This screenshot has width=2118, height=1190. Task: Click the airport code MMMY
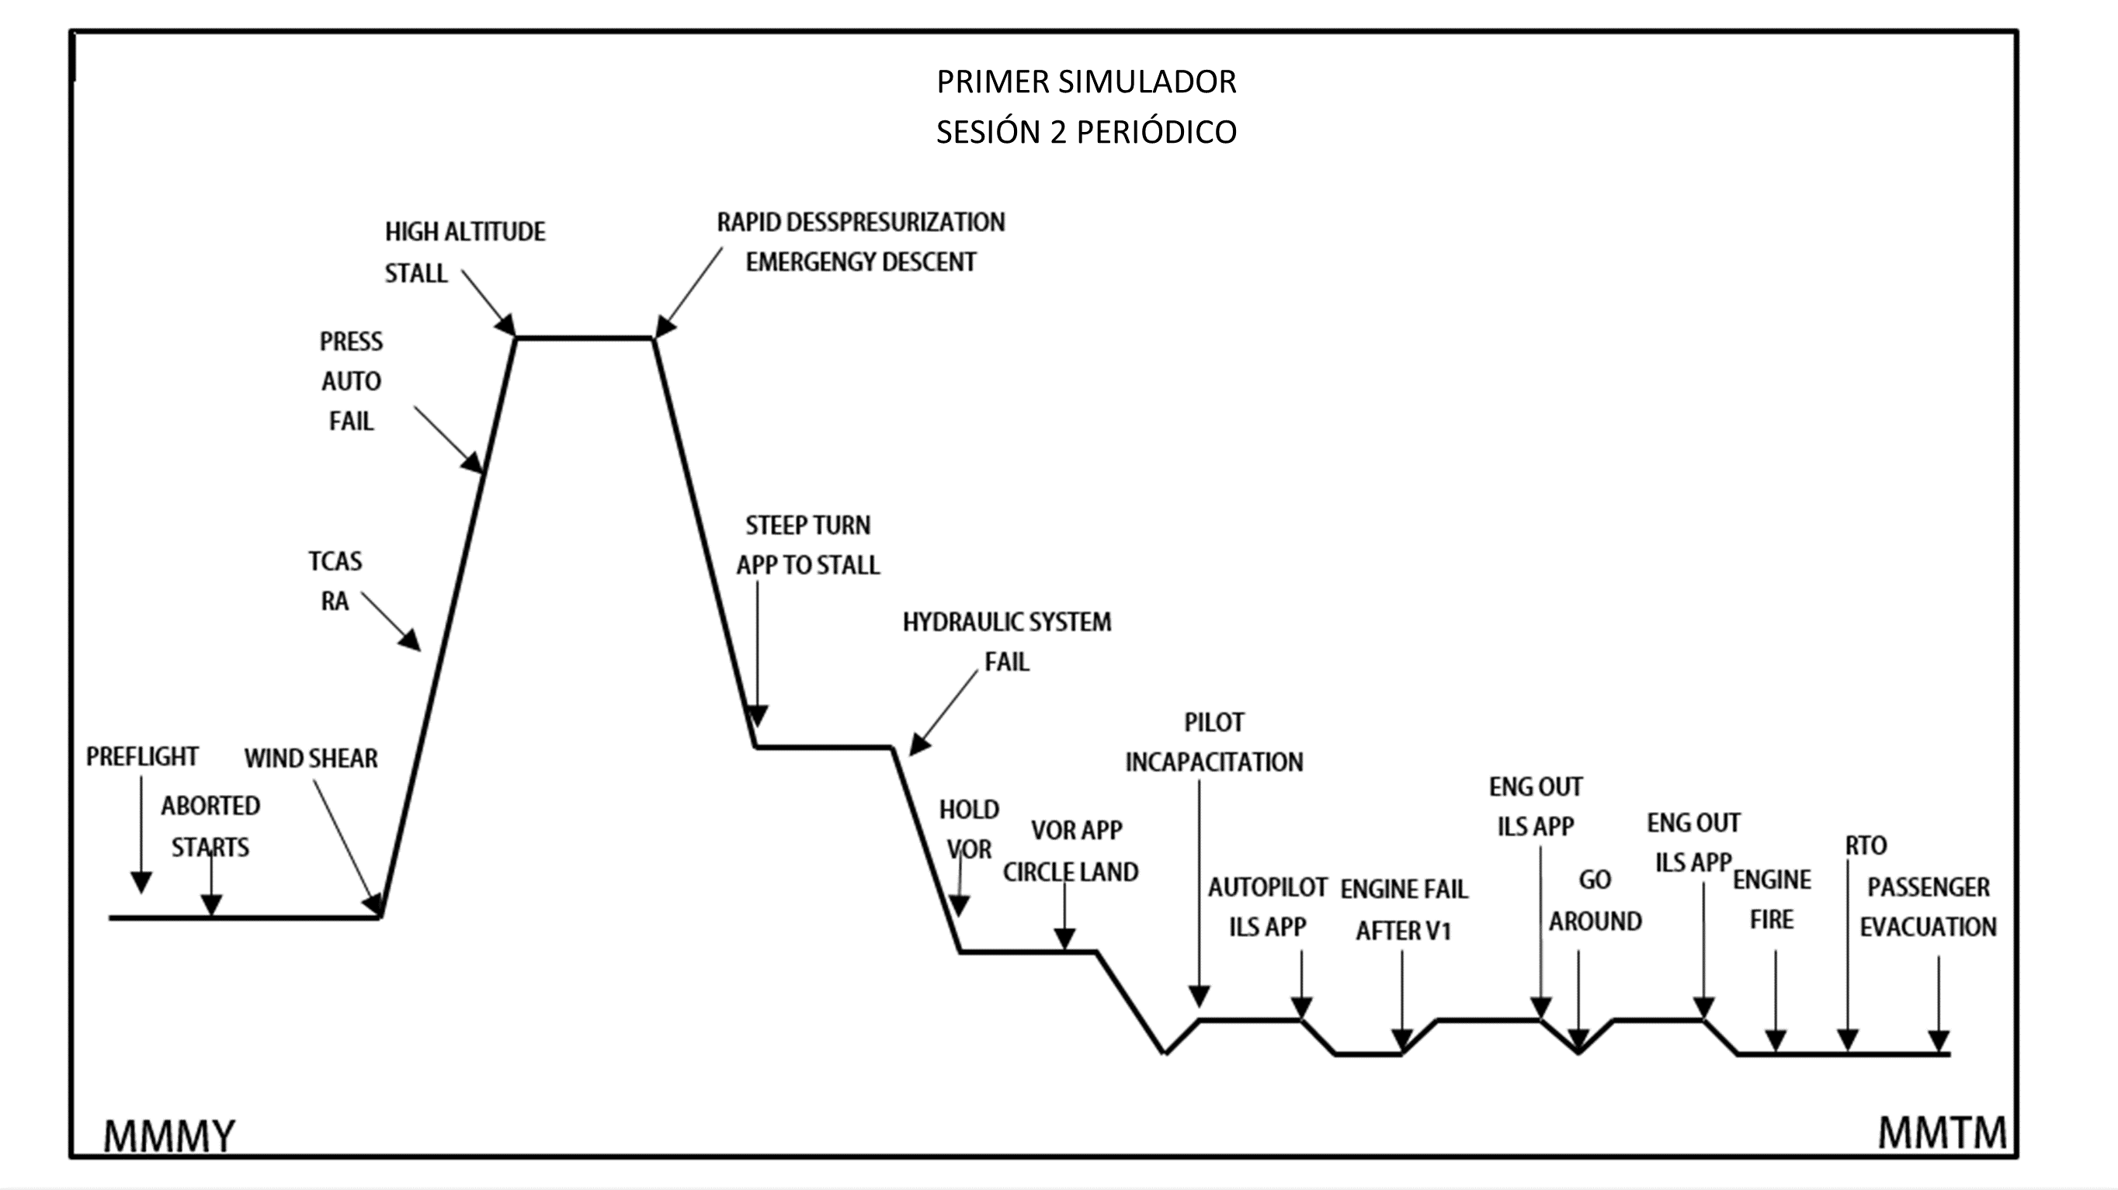(x=169, y=1136)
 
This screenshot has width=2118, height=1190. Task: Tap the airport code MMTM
(x=1942, y=1133)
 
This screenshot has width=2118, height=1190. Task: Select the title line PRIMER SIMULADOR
(x=1086, y=82)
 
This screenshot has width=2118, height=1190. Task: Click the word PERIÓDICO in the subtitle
(x=1156, y=132)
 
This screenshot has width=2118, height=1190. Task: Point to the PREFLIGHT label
(x=142, y=757)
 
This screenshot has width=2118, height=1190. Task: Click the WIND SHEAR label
(x=311, y=758)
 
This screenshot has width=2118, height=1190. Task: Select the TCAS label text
(x=335, y=561)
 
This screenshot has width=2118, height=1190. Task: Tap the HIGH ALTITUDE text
(x=464, y=232)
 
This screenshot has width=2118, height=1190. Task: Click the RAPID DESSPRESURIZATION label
(x=861, y=222)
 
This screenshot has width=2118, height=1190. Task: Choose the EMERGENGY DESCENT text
(x=861, y=262)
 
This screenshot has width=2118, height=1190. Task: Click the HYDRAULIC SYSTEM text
(x=1006, y=622)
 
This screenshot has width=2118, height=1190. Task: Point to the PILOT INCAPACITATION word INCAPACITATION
(x=1214, y=762)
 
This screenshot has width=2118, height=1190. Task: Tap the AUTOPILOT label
(x=1267, y=887)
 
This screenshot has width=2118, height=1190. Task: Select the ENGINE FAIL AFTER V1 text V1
(x=1436, y=932)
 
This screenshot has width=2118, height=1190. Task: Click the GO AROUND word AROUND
(x=1595, y=922)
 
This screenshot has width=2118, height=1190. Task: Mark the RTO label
(x=1866, y=845)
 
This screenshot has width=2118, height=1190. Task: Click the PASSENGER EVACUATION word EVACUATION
(x=1928, y=928)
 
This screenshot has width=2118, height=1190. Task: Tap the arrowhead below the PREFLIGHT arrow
(x=141, y=883)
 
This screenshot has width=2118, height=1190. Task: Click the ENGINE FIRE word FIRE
(x=1771, y=921)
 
